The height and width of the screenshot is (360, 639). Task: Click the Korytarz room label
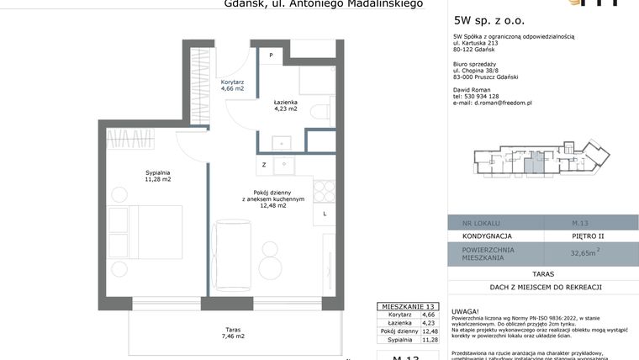click(232, 84)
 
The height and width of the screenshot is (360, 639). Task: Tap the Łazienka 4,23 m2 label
click(285, 105)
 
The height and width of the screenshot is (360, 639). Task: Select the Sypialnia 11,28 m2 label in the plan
click(157, 176)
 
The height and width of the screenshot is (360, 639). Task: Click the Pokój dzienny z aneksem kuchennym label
click(267, 198)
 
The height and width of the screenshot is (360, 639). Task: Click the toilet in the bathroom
click(320, 113)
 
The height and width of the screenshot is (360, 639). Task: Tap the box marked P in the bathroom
click(271, 56)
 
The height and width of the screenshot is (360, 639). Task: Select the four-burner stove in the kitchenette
click(324, 191)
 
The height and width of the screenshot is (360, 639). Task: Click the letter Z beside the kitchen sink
click(264, 165)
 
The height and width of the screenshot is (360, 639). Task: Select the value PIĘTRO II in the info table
click(587, 236)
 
